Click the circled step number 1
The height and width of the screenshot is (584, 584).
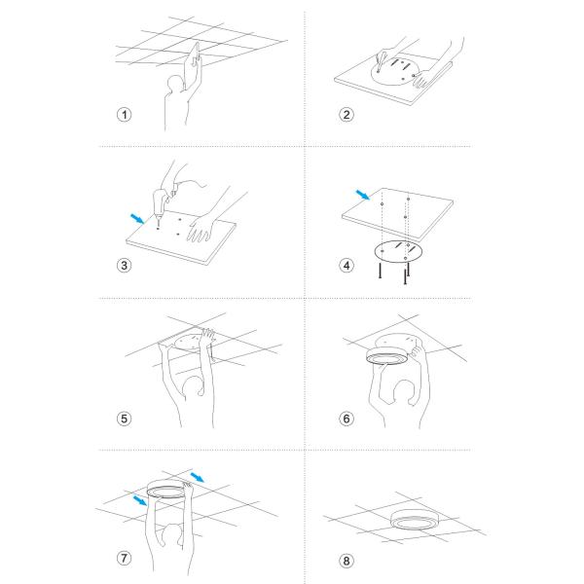point(124,114)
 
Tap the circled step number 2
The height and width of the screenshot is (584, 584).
point(347,114)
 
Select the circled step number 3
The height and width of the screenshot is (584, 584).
point(124,265)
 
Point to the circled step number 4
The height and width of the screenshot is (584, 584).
point(347,265)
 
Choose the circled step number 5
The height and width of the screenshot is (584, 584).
point(124,419)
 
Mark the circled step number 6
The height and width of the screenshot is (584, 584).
point(347,419)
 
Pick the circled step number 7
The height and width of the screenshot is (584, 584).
point(124,558)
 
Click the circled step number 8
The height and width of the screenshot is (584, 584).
point(347,561)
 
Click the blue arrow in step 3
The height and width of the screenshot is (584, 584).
point(137,219)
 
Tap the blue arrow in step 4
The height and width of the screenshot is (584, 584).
point(363,195)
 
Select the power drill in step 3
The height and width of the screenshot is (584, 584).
point(162,203)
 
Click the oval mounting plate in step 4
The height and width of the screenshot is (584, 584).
point(398,251)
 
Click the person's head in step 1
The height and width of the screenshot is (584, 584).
point(175,84)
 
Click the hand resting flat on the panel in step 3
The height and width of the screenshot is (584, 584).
point(201,228)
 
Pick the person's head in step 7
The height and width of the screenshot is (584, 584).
point(172,535)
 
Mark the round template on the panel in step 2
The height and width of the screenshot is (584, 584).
point(396,70)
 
